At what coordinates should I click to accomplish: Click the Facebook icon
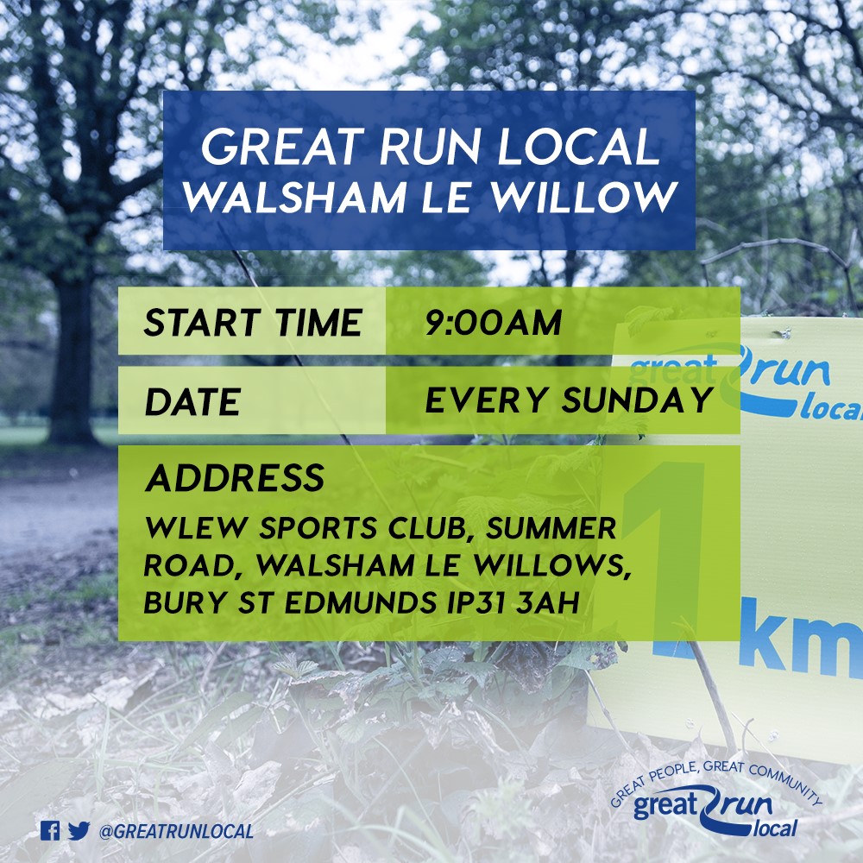[x=50, y=831]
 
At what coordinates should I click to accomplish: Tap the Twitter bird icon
[x=79, y=831]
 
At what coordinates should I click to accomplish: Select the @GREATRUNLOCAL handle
[x=176, y=832]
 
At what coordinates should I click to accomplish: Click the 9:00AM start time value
[x=493, y=324]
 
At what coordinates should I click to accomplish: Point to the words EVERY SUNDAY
[x=570, y=401]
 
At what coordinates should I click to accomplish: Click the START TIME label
[x=252, y=324]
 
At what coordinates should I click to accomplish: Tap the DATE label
[x=192, y=403]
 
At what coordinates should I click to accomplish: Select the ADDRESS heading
[x=235, y=478]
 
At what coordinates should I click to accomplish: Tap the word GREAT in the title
[x=273, y=148]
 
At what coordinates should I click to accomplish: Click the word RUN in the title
[x=425, y=148]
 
